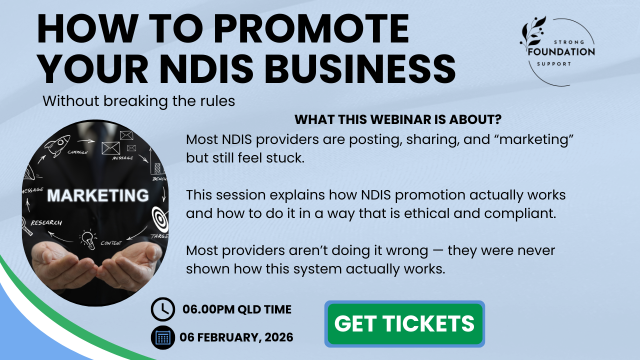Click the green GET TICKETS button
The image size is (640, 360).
click(404, 323)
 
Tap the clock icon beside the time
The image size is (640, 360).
click(163, 309)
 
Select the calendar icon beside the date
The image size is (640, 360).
click(163, 337)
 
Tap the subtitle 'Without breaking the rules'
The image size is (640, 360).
click(139, 101)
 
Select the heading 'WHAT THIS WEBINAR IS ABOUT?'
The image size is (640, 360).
click(398, 119)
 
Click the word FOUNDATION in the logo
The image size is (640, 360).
click(561, 52)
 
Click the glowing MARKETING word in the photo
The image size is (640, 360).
click(98, 195)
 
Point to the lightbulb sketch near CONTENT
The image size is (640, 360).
click(87, 239)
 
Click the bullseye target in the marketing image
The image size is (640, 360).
click(160, 220)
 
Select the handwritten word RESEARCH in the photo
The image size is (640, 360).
click(46, 223)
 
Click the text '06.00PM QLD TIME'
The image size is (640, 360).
click(237, 309)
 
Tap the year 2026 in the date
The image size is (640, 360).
click(279, 337)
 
